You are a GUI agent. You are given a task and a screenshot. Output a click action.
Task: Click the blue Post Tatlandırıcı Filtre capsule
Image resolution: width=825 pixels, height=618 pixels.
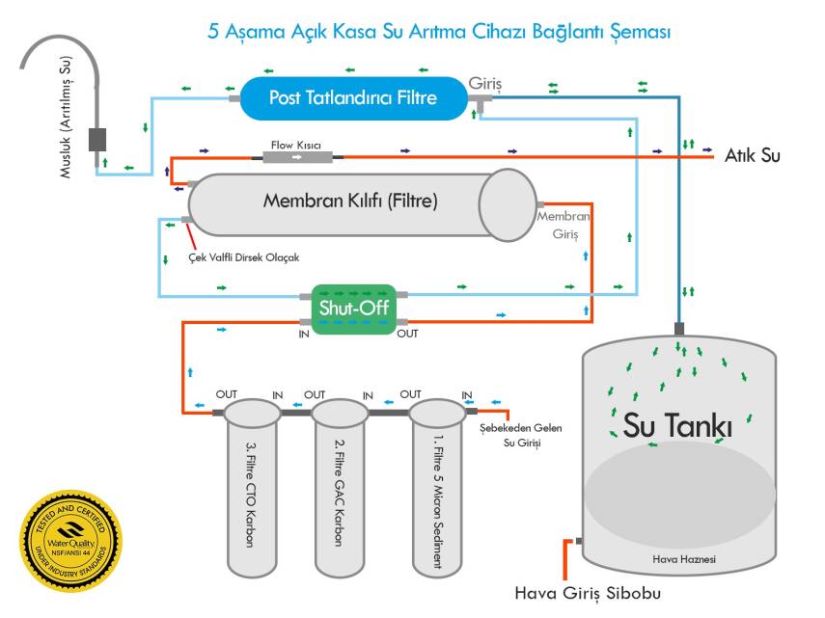pyautogui.click(x=353, y=97)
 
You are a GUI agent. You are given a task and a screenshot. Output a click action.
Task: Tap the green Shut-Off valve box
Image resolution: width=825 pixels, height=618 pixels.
pyautogui.click(x=354, y=309)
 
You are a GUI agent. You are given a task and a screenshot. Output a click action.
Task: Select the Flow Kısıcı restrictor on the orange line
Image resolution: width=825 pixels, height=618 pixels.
pyautogui.click(x=295, y=156)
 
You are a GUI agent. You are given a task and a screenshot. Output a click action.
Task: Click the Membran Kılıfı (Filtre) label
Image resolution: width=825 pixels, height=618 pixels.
pyautogui.click(x=350, y=202)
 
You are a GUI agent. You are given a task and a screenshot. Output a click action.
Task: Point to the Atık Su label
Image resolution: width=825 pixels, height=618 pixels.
pyautogui.click(x=753, y=155)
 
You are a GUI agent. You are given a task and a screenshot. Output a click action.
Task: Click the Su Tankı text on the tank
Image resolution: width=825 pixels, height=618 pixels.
pyautogui.click(x=677, y=424)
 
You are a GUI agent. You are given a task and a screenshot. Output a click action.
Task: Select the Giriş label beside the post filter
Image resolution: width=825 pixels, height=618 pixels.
pyautogui.click(x=485, y=83)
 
